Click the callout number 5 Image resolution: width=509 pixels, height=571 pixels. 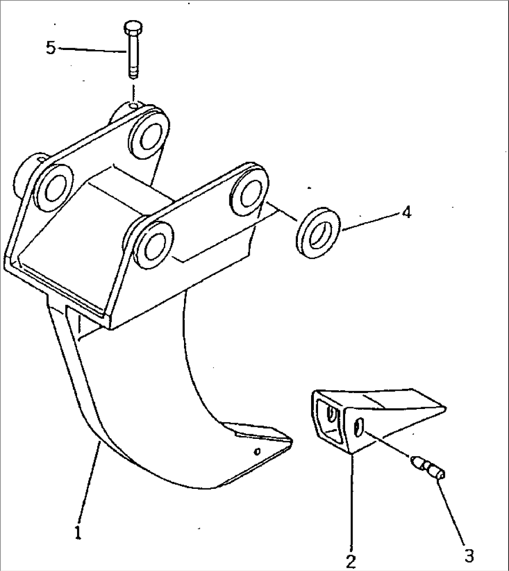pos(51,48)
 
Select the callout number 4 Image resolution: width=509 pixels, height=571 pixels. pos(406,213)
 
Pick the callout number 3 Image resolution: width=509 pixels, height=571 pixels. pos(469,556)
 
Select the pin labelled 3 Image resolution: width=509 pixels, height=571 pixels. pos(428,467)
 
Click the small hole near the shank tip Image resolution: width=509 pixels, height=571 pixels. pos(256,451)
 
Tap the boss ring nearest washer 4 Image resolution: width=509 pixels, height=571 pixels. pos(250,191)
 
